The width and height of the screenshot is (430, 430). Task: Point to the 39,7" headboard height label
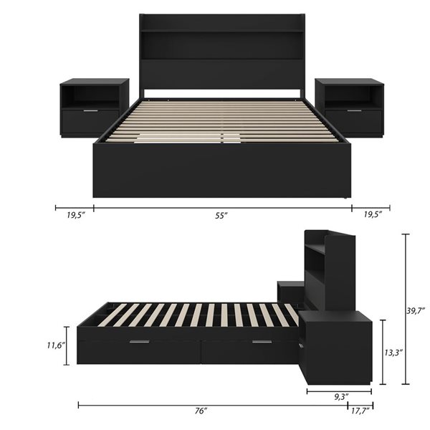click(415, 310)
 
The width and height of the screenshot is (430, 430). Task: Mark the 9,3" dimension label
click(340, 396)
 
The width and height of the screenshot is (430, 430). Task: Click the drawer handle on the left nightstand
click(90, 111)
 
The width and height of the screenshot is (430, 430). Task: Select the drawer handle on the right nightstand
click(354, 111)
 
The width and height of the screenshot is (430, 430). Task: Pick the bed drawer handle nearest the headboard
click(262, 342)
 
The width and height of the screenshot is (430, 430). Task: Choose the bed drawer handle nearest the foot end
click(140, 342)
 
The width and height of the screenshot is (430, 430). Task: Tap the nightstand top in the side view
click(337, 316)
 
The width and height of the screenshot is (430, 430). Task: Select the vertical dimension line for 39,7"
click(405, 310)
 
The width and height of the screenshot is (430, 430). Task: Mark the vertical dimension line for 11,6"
click(67, 345)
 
